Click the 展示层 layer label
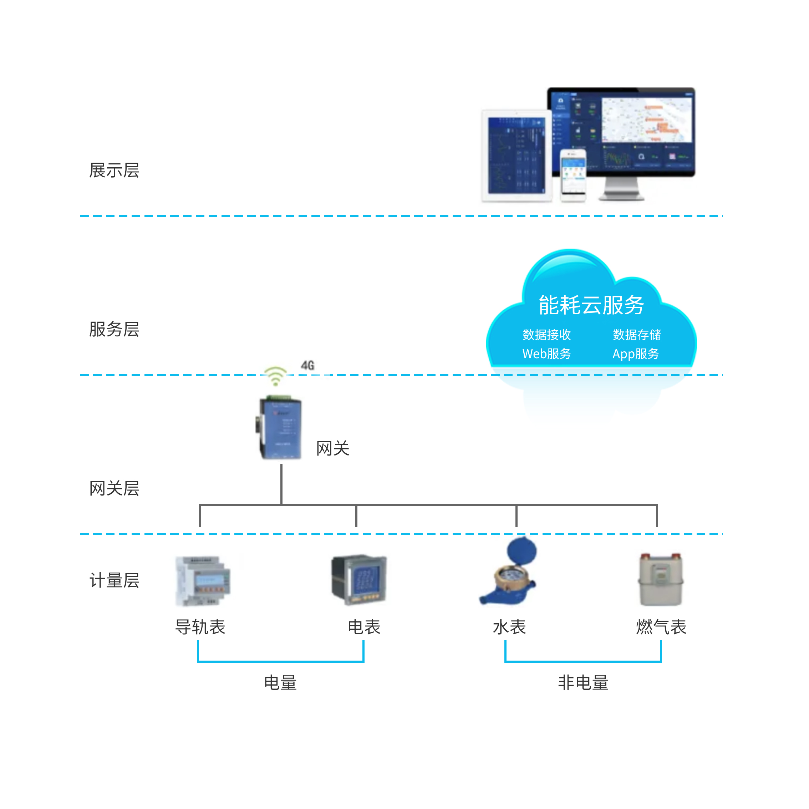coord(114,171)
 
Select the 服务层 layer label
coord(114,329)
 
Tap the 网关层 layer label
coord(114,488)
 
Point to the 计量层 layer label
coord(114,580)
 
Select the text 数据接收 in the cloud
coord(546,335)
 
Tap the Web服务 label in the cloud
coord(546,354)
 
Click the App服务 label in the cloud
coord(635,354)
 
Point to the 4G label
coord(307,365)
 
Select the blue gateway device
coord(280,428)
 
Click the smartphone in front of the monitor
coord(573,175)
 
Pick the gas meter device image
coord(660,580)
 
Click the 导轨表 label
coord(200,627)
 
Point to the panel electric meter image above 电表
coord(359,580)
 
